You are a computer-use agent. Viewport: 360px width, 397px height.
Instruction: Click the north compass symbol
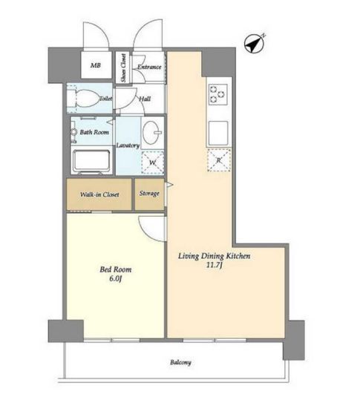coord(255,44)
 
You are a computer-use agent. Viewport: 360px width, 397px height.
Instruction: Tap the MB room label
coord(96,65)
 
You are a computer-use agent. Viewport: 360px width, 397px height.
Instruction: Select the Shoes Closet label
coord(123,68)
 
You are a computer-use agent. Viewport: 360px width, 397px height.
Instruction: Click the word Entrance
coord(149,67)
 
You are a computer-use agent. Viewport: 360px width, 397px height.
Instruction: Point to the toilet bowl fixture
coord(84,99)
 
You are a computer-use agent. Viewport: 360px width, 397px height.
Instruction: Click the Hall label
coord(145,99)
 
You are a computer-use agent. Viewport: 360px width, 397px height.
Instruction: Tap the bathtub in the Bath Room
coord(91,161)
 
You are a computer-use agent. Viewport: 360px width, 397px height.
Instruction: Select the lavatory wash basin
coord(152,132)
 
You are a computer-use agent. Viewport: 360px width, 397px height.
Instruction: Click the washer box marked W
coord(152,163)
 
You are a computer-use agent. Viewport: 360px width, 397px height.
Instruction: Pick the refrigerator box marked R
coord(219,160)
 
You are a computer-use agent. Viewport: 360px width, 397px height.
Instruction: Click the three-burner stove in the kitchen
coord(218,94)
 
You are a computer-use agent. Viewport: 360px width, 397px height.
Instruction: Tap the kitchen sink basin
coord(218,133)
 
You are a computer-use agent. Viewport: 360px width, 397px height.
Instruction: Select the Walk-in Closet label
coord(99,194)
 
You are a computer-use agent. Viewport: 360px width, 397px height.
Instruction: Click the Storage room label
coord(149,194)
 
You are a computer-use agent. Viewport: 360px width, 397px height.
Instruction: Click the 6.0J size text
coord(115,279)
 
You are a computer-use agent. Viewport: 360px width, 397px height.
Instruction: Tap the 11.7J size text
coord(215,265)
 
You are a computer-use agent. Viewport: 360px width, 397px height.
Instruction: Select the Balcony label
coord(180,362)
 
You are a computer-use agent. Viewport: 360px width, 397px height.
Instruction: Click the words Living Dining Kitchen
coord(214,256)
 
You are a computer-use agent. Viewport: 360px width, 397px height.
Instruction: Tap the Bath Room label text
coord(94,132)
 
